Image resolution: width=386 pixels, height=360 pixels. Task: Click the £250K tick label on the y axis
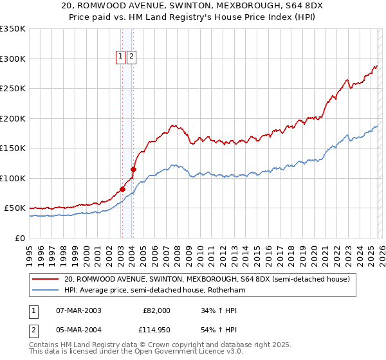tap(12, 89)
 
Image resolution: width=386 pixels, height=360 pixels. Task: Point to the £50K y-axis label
tap(14, 208)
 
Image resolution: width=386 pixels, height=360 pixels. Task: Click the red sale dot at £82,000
tap(122, 190)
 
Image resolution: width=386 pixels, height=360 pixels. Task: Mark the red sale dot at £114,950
tap(133, 170)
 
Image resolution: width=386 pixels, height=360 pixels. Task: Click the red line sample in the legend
tap(45, 279)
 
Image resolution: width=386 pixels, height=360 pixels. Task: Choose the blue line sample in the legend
tap(45, 291)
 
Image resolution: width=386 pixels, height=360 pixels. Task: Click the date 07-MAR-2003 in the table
tap(78, 310)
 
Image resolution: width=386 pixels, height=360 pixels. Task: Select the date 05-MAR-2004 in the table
tap(78, 330)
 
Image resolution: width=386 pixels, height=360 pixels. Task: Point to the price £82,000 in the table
tap(156, 310)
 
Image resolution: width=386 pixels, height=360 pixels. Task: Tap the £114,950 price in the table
tap(154, 330)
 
